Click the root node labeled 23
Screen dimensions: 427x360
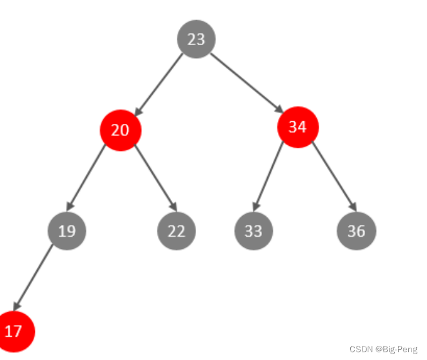click(x=196, y=39)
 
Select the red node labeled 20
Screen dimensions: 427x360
click(x=121, y=130)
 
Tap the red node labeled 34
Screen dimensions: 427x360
click(x=298, y=127)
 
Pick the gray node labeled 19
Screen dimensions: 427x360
click(x=67, y=231)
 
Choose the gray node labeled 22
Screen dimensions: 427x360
click(x=177, y=231)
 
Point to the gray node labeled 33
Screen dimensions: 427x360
click(x=253, y=231)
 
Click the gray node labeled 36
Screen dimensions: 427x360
click(x=357, y=231)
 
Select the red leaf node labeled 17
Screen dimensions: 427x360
click(x=14, y=332)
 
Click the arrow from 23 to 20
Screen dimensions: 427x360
click(x=159, y=85)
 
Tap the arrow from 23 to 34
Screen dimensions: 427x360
click(x=247, y=83)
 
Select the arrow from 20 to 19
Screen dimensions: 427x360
click(x=86, y=177)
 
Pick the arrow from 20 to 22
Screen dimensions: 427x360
click(x=156, y=178)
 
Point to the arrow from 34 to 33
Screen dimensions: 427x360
click(x=268, y=176)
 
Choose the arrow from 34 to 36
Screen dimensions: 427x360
click(x=334, y=177)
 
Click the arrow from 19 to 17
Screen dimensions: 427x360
click(x=32, y=278)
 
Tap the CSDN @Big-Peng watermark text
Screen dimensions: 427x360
click(x=383, y=349)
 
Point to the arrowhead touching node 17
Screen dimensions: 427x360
click(x=17, y=306)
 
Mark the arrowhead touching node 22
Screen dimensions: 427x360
click(x=173, y=206)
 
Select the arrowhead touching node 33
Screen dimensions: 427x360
click(x=256, y=206)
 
